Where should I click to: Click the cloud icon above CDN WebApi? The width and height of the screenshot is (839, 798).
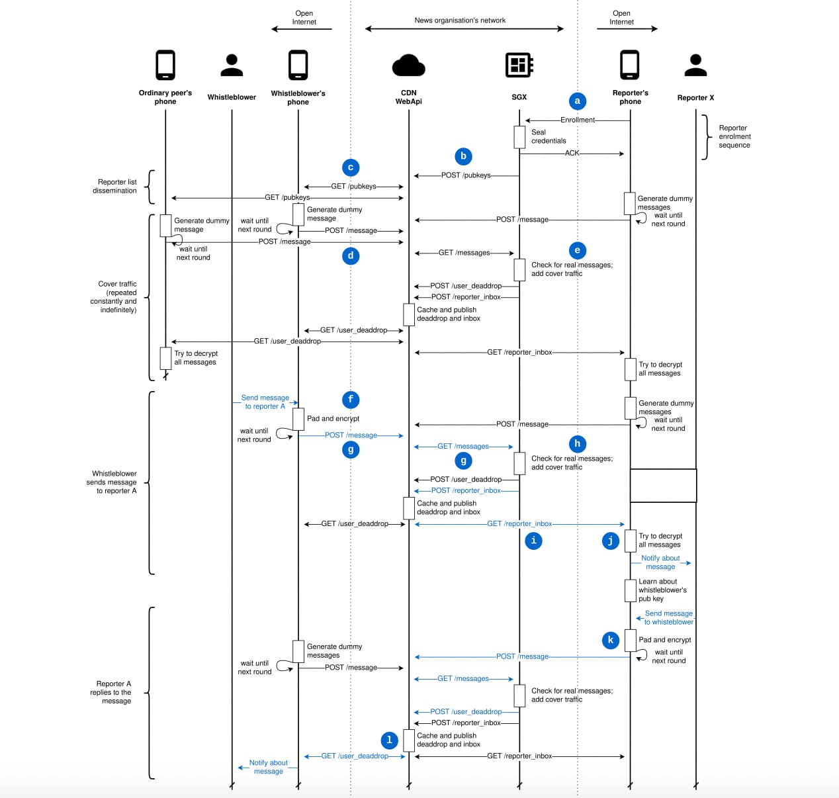408,66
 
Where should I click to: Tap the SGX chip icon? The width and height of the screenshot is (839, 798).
519,65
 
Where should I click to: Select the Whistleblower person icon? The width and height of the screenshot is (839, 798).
232,65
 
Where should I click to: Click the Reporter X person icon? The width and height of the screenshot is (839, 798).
695,65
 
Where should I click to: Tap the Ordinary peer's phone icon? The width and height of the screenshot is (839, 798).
165,65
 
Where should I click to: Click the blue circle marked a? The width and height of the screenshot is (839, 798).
577,101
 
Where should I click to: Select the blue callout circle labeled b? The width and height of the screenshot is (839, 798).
463,156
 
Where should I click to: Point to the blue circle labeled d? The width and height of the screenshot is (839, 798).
351,255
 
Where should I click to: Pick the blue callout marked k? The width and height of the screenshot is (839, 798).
610,640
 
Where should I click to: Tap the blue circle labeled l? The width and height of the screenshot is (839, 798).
389,740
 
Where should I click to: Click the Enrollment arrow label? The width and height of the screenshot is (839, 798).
578,120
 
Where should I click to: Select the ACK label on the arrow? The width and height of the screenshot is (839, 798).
572,153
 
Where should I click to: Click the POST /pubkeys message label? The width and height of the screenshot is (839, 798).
466,175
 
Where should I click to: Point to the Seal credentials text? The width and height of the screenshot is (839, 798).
549,136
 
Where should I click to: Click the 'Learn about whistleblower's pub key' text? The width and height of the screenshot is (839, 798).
662,590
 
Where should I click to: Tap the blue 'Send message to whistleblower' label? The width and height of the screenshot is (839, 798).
668,617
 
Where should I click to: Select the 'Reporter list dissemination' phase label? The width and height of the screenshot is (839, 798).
116,186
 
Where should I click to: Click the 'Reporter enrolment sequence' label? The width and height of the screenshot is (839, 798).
734,136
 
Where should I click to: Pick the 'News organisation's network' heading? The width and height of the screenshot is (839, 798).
460,21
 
